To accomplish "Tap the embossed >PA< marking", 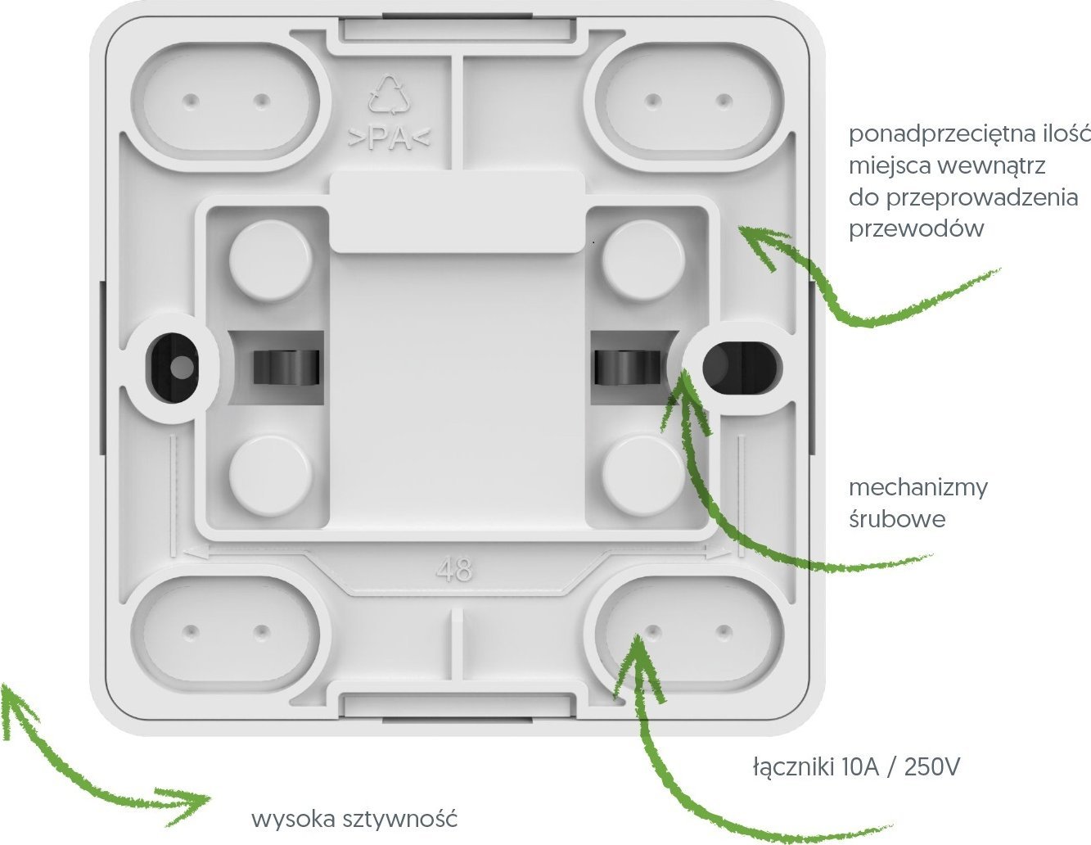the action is point(389,139).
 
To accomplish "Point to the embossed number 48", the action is point(454,571).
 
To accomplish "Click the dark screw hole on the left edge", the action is point(172,367).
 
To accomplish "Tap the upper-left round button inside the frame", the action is point(271,260).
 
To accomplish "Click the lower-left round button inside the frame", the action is point(271,476).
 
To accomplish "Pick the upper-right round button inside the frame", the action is point(643,260).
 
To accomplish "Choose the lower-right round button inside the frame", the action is point(643,476).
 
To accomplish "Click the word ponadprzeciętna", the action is point(935,136).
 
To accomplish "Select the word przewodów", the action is point(917,229).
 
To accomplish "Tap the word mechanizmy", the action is point(918,487).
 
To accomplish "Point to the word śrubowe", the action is point(897,518).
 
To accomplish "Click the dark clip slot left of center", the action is point(286,368).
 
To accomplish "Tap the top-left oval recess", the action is point(225,101).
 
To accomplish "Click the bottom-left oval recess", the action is point(225,631).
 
